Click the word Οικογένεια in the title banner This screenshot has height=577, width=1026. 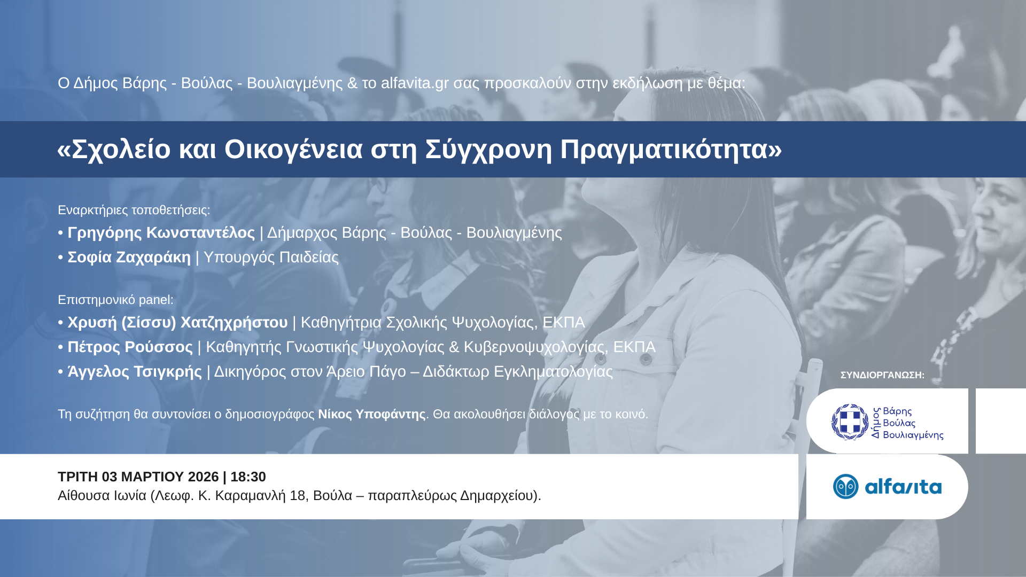point(293,149)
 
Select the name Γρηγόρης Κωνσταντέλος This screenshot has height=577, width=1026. point(161,233)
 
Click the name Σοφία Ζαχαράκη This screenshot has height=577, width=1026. point(129,258)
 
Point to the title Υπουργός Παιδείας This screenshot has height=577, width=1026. point(271,258)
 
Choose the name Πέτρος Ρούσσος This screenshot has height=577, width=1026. point(130,347)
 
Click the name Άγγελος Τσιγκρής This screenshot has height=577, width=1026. point(135,372)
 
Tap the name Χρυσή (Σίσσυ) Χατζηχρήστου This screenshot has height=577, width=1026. point(177,323)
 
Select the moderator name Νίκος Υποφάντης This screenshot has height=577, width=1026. point(371,415)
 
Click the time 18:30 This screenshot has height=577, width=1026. point(248,477)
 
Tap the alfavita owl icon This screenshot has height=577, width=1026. point(845,487)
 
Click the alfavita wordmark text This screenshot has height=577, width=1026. point(903,487)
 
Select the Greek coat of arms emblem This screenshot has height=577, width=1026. point(850,422)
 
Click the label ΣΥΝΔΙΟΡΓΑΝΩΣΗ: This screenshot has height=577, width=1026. point(882,375)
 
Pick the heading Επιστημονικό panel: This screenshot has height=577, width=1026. point(115,300)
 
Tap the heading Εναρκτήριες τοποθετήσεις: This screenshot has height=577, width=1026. point(134,210)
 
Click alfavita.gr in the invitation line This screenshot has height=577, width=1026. point(415,83)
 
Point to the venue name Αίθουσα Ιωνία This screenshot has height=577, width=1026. point(102,496)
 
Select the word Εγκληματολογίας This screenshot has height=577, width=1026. point(553,372)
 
